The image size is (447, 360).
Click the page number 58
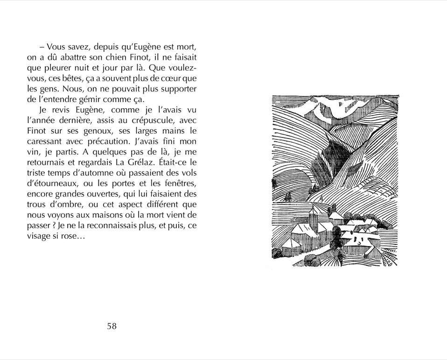pos(112,326)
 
